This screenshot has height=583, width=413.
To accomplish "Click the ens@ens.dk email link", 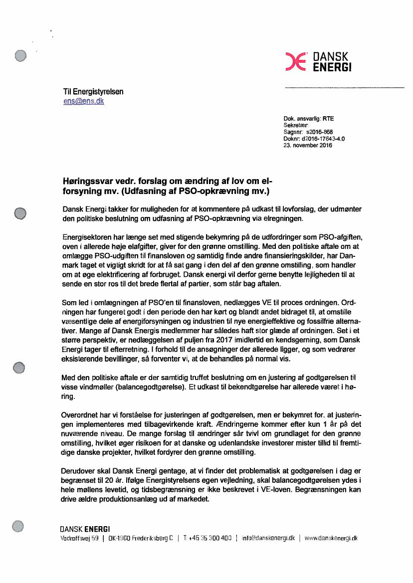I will (x=83, y=101).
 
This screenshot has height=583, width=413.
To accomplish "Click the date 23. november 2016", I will (x=307, y=146).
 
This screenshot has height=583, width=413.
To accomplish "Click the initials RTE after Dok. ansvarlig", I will (x=328, y=119).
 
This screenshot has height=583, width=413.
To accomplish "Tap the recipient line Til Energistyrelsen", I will (x=93, y=92).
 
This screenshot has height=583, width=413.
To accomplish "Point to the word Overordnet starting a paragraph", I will (x=80, y=414).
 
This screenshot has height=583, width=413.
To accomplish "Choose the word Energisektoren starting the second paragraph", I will (x=89, y=235).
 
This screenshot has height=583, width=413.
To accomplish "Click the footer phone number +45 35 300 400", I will (x=210, y=538).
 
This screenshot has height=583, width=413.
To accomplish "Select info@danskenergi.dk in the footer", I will (x=268, y=538).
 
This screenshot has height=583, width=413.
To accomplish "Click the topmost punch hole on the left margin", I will (x=20, y=56).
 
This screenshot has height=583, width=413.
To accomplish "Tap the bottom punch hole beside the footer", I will (x=18, y=525).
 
